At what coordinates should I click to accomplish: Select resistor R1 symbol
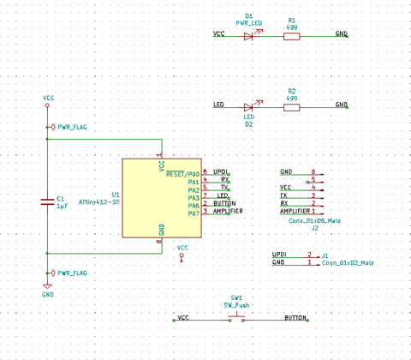pyautogui.click(x=291, y=36)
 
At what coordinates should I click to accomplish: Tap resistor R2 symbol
pyautogui.click(x=291, y=107)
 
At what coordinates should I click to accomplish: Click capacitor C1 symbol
pyautogui.click(x=48, y=201)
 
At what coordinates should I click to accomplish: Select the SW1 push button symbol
pyautogui.click(x=236, y=319)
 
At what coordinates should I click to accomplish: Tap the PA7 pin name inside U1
pyautogui.click(x=193, y=213)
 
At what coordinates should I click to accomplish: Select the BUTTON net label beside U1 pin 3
pyautogui.click(x=223, y=203)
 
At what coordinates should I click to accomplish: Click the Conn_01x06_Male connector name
pyautogui.click(x=316, y=220)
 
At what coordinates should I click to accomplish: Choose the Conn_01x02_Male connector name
pyautogui.click(x=348, y=263)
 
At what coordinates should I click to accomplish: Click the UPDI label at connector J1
pyautogui.click(x=279, y=255)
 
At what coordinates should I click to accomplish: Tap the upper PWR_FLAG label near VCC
pyautogui.click(x=72, y=127)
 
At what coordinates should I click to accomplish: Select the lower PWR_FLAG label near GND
pyautogui.click(x=72, y=273)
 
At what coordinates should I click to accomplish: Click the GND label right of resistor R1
pyautogui.click(x=341, y=34)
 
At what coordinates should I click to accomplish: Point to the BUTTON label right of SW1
pyautogui.click(x=295, y=318)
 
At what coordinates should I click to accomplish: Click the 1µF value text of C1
pyautogui.click(x=62, y=207)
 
